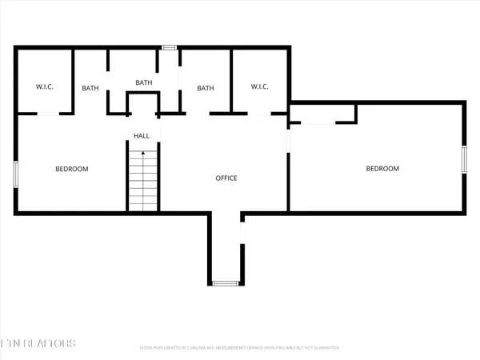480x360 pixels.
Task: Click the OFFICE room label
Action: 226,178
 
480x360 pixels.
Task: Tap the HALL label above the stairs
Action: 141,136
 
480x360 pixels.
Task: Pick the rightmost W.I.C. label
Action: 259,87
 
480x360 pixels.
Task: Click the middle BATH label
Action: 143,82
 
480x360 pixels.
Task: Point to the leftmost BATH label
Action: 90,88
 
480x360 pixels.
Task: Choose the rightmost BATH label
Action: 206,88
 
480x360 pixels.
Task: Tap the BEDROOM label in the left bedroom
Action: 71,169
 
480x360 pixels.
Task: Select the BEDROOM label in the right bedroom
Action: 382,168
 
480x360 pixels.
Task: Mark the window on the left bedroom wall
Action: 14,174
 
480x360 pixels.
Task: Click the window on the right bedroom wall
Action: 464,158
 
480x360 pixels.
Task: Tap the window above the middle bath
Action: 169,48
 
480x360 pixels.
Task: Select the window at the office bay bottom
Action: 224,282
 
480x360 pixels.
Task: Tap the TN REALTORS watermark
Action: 38,344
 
